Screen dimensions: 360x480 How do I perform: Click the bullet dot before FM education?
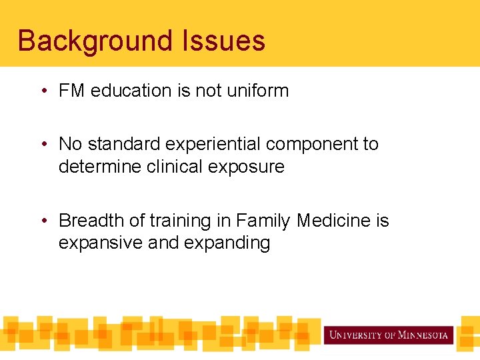pos(43,91)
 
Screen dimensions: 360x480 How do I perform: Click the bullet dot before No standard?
pos(43,145)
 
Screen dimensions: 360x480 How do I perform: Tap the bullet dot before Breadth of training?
pos(43,221)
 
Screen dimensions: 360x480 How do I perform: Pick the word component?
pos(312,144)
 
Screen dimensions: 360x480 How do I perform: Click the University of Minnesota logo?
pos(389,335)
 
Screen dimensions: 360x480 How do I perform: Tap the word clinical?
pos(179,167)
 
